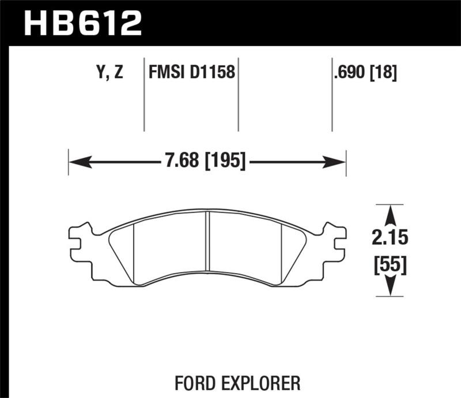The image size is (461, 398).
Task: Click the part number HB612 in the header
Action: point(82,23)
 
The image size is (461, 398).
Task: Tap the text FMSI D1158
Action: point(191,73)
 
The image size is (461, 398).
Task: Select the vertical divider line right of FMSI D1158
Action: point(238,95)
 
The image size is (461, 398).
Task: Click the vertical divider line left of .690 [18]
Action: point(332,95)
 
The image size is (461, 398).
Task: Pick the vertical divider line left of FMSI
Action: point(143,95)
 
